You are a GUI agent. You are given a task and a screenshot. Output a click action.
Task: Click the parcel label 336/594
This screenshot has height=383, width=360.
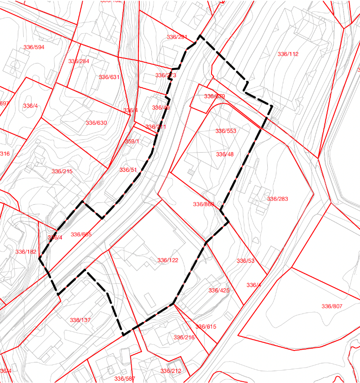(33, 47)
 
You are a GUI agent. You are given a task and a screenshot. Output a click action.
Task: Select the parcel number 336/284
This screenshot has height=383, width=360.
(79, 61)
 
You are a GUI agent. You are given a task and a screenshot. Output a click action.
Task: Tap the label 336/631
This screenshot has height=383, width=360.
(109, 77)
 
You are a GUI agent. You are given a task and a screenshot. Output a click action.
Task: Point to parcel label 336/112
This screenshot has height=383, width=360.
(288, 54)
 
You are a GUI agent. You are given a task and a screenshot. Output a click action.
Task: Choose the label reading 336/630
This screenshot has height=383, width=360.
(96, 123)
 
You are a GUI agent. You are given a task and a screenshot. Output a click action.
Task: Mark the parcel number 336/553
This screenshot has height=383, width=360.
(226, 131)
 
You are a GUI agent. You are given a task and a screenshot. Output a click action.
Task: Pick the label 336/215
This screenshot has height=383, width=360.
(62, 171)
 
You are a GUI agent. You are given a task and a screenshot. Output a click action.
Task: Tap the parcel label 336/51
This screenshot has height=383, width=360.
(128, 170)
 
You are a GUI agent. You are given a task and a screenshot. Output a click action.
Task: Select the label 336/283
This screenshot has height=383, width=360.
(278, 199)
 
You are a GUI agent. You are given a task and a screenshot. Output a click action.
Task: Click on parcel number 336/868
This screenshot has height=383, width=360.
(203, 204)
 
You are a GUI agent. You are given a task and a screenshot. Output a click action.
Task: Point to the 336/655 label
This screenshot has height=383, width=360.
(81, 234)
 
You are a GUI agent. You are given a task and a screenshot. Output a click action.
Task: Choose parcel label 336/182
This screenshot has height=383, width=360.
(26, 252)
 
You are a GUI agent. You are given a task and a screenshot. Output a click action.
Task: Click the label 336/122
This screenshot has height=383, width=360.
(168, 260)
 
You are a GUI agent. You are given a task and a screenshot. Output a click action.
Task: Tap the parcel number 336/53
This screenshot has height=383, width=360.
(245, 261)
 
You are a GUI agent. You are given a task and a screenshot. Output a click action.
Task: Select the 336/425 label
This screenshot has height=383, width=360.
(219, 291)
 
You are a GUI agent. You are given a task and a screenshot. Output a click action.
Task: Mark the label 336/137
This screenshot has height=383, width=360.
(80, 320)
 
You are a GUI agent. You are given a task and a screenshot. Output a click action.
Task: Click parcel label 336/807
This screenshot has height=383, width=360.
(332, 306)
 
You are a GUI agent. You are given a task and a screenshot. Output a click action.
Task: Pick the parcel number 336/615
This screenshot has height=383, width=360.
(206, 327)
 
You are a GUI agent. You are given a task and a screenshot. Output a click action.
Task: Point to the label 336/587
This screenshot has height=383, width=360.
(125, 378)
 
